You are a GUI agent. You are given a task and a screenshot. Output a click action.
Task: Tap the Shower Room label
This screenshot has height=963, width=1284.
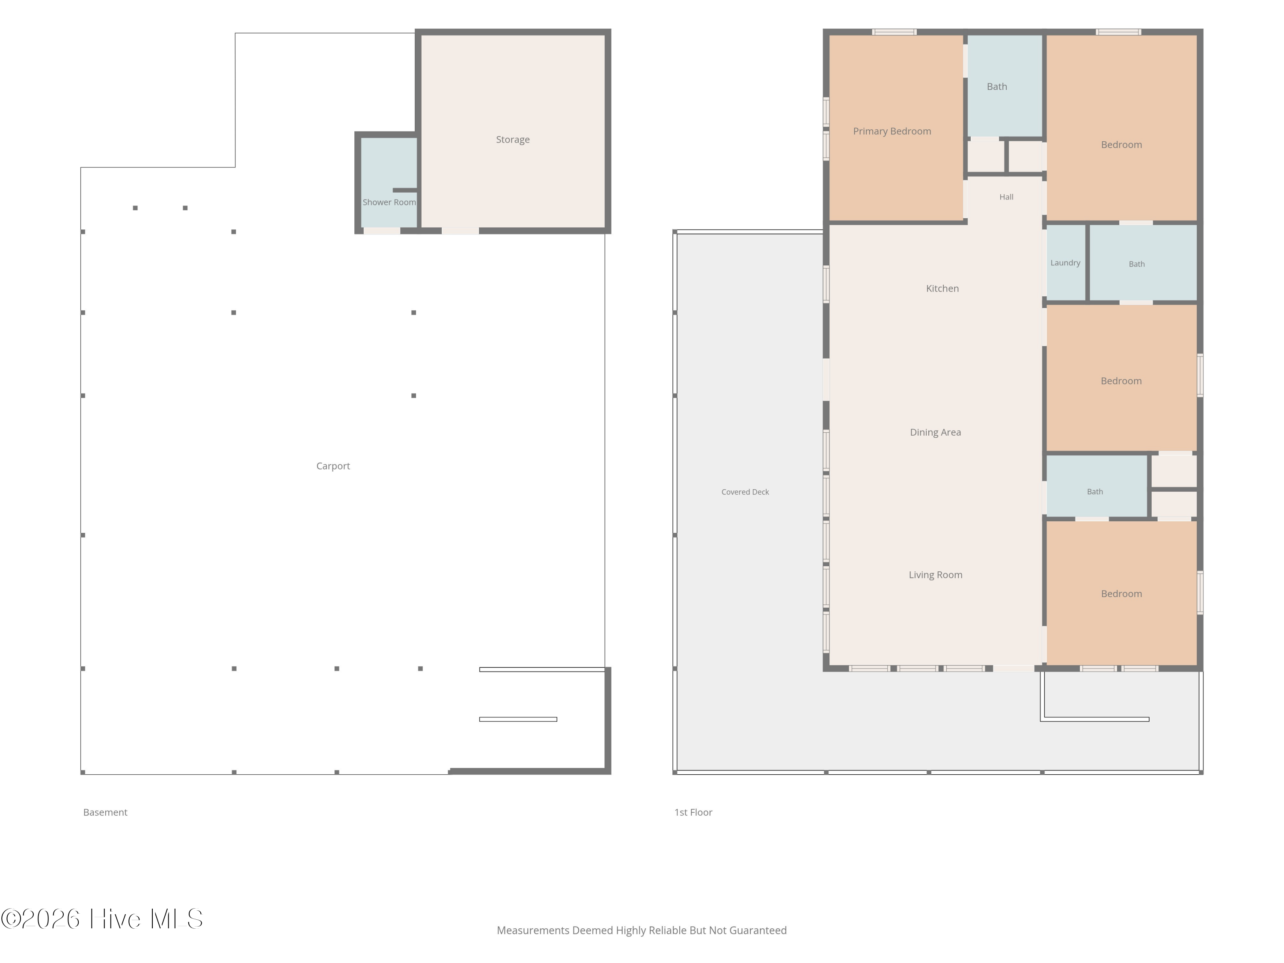[389, 202]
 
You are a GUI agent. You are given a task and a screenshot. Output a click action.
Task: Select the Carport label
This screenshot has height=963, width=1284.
[333, 466]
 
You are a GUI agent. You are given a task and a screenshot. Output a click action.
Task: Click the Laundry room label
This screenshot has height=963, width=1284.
[1065, 263]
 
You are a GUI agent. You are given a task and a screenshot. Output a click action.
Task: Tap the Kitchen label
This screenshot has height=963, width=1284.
[942, 288]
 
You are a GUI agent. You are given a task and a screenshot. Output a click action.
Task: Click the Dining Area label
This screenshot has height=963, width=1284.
[935, 432]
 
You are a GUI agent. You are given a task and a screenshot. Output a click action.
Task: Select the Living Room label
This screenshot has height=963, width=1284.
[935, 575]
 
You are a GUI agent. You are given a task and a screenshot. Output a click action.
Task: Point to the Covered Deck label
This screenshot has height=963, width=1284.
[745, 492]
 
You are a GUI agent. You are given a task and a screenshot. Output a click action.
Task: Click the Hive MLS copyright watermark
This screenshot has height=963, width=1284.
[101, 919]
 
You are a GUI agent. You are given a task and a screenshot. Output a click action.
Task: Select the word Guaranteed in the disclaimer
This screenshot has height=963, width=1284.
[758, 930]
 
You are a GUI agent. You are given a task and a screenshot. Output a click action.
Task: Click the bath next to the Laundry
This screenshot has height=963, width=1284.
[1137, 264]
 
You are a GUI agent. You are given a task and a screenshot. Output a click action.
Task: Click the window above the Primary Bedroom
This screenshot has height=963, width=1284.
[894, 32]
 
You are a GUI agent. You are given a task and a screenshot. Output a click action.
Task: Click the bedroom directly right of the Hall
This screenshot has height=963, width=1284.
[1121, 128]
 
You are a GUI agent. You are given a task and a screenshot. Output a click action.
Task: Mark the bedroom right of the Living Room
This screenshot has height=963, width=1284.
[1121, 593]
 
